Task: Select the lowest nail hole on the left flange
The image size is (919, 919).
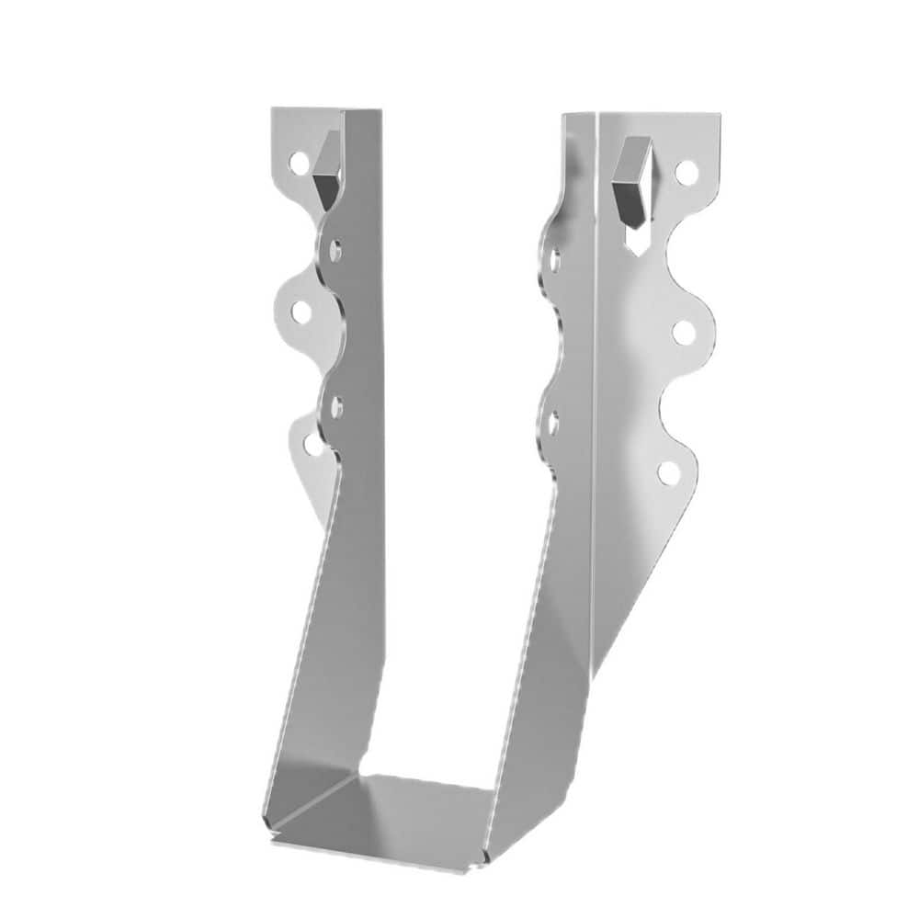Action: click(312, 445)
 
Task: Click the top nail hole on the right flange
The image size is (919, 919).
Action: click(685, 171)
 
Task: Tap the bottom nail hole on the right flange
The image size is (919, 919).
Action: click(670, 472)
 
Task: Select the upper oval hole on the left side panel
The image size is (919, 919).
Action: click(337, 248)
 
